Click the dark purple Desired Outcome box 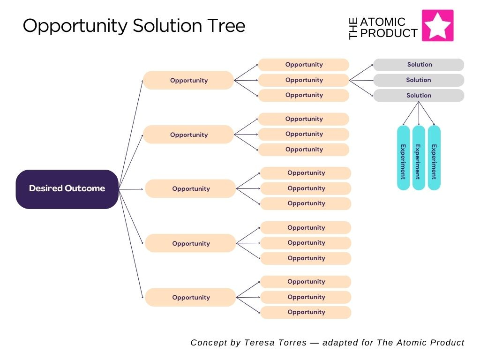[x=67, y=189]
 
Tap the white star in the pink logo [x=438, y=26]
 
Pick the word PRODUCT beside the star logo [x=389, y=33]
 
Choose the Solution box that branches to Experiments [x=419, y=96]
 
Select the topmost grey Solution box [x=419, y=65]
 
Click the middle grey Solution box [x=419, y=80]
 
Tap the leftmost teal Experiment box [x=403, y=158]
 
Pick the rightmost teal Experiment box [x=434, y=158]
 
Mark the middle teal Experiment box [x=419, y=158]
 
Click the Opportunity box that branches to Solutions [x=304, y=80]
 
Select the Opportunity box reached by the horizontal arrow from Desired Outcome [x=190, y=189]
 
